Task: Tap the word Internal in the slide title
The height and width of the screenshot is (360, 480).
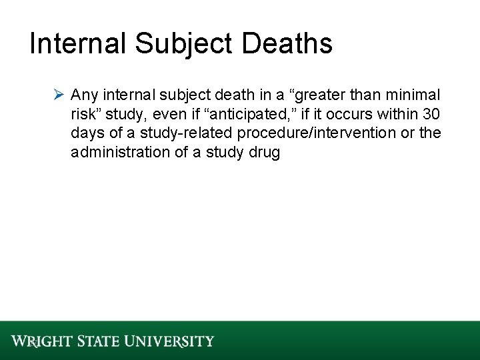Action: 78,44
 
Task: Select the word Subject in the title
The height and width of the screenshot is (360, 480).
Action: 184,44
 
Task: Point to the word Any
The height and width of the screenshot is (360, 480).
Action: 83,94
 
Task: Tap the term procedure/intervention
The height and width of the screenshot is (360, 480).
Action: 317,133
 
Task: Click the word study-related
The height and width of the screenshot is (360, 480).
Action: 176,133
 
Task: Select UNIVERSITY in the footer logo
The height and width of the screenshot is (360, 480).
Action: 171,341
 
